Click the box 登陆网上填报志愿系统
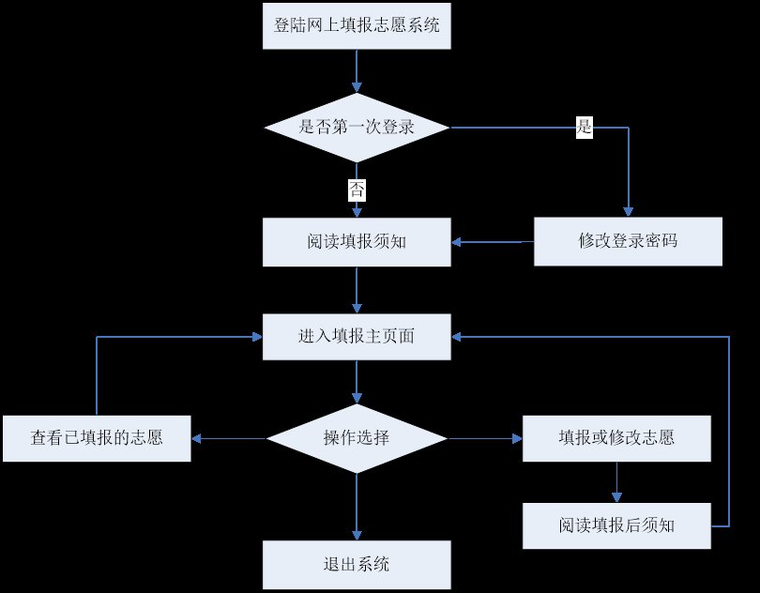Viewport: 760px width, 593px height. tap(357, 26)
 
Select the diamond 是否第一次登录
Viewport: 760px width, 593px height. tap(357, 128)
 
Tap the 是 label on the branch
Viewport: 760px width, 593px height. tap(585, 129)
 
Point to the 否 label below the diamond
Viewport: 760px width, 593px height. tap(357, 190)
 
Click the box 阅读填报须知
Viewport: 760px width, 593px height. tap(357, 241)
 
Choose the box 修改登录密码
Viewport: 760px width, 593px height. tap(628, 241)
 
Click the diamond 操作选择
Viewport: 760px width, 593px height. tap(357, 438)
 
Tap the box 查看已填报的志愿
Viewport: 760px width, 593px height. tap(97, 438)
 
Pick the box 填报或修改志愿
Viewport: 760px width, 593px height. tap(616, 438)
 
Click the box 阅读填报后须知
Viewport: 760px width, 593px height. tap(616, 525)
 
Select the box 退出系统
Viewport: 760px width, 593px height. tap(357, 564)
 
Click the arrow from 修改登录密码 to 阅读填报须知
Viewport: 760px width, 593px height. tap(493, 242)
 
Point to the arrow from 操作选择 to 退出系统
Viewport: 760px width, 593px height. tap(357, 507)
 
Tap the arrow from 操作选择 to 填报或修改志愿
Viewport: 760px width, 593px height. tap(484, 438)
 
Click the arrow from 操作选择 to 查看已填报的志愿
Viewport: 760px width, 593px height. tap(229, 438)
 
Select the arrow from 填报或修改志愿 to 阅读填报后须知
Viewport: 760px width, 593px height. tap(616, 482)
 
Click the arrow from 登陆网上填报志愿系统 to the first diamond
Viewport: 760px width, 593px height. tap(357, 69)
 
